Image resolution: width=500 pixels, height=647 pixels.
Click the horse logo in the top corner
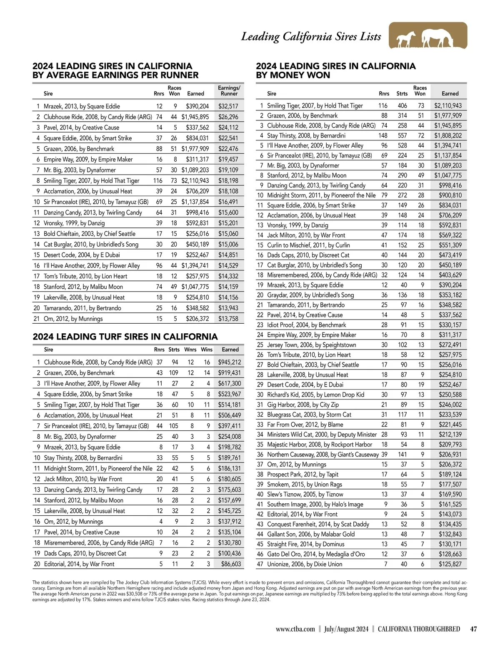427,36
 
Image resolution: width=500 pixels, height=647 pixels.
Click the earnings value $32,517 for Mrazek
228,106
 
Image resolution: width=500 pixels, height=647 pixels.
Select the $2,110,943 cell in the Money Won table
448,106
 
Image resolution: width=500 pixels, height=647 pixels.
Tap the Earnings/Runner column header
229,91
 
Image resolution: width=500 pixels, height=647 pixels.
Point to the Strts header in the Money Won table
402,94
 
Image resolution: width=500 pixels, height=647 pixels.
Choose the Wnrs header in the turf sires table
190,350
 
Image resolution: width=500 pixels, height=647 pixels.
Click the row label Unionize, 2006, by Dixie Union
305,564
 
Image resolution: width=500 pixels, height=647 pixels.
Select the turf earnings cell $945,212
230,362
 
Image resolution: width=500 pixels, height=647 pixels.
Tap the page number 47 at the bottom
473,629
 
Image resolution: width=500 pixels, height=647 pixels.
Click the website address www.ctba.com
295,629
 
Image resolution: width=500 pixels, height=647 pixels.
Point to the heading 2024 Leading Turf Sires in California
125,337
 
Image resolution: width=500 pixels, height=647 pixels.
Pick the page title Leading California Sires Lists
311,37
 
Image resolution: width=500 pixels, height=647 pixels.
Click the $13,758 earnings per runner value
228,319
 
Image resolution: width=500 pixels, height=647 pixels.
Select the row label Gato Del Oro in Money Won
316,554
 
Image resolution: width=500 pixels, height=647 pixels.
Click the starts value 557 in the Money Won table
402,135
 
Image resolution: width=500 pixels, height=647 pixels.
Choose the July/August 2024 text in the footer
346,629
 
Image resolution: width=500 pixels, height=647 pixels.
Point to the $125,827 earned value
450,564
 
